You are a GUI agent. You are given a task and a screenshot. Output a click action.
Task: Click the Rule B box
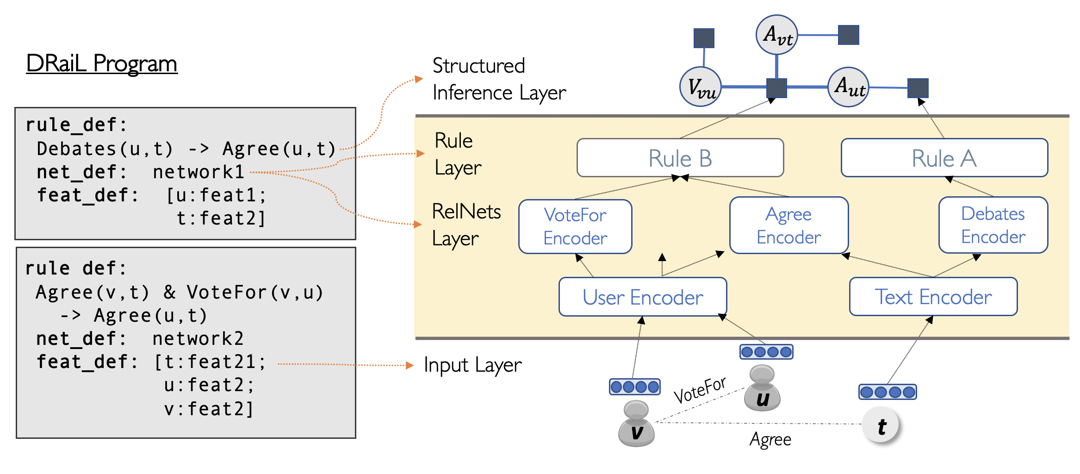click(x=680, y=158)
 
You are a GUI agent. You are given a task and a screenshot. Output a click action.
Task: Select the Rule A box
click(x=944, y=158)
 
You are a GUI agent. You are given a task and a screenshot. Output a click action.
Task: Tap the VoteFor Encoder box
click(x=575, y=226)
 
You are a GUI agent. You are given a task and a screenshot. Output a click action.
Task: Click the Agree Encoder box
click(x=788, y=225)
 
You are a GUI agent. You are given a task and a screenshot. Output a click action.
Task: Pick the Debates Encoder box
click(x=993, y=225)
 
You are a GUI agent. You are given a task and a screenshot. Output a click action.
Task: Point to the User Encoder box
click(x=642, y=297)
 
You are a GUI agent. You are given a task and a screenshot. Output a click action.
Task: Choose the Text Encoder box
click(x=933, y=297)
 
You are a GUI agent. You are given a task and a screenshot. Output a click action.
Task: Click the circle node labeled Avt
click(x=776, y=35)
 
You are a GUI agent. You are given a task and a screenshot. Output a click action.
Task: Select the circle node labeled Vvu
click(x=701, y=87)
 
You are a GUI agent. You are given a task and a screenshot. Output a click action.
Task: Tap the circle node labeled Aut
click(x=848, y=87)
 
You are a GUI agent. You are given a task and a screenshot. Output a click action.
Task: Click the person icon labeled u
click(x=762, y=389)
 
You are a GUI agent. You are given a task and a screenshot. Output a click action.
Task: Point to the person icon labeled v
click(x=636, y=424)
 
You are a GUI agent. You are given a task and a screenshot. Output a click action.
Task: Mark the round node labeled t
click(x=881, y=425)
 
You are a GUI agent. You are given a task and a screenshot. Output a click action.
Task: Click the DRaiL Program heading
click(x=102, y=64)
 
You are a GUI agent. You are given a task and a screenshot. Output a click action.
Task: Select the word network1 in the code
click(x=199, y=172)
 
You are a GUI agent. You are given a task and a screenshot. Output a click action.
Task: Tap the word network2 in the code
click(x=198, y=339)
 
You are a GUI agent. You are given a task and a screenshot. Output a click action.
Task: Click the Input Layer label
click(x=472, y=365)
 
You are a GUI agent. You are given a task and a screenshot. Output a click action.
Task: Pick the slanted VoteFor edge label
click(x=700, y=390)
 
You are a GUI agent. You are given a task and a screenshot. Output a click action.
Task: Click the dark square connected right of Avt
click(x=848, y=35)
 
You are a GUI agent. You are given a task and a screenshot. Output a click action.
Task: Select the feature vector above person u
click(x=766, y=352)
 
